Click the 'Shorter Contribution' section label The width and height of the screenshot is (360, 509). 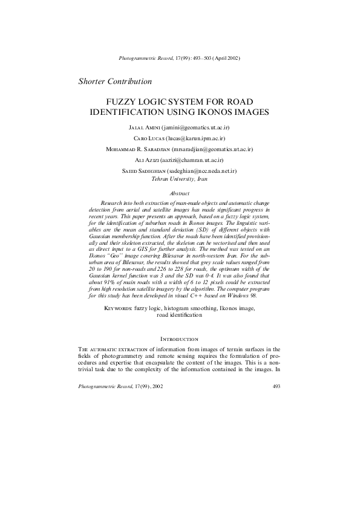coord(115,81)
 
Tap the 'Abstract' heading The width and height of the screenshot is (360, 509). coord(180,193)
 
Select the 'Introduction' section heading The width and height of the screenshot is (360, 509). coord(180,340)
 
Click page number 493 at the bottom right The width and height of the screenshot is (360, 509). coord(277,386)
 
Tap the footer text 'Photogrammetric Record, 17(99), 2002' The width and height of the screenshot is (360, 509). coord(120,386)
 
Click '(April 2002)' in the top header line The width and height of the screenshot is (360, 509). coord(226,58)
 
